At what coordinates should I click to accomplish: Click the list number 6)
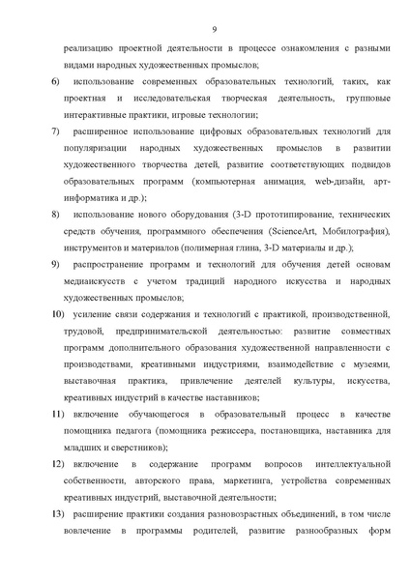(54, 85)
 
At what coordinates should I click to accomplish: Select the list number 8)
(54, 212)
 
